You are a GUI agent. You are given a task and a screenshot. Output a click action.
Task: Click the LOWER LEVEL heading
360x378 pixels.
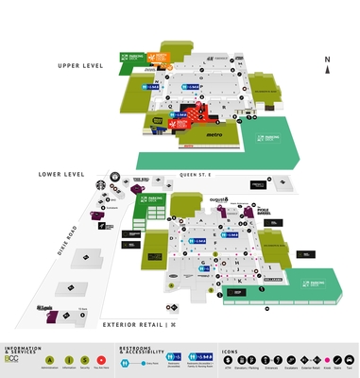click(x=62, y=175)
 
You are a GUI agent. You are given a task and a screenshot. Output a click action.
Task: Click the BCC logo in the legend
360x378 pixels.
click(x=11, y=361)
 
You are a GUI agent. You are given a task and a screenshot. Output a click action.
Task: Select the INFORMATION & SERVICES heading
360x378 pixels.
click(x=24, y=350)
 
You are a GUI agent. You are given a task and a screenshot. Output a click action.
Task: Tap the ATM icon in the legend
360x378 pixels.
click(x=243, y=361)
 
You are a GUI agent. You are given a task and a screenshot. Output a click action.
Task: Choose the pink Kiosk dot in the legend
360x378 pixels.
click(x=327, y=361)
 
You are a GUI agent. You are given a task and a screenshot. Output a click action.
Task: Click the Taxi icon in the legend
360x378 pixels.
click(x=351, y=361)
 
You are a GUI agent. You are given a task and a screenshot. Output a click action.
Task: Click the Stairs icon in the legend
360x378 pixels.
click(x=339, y=361)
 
